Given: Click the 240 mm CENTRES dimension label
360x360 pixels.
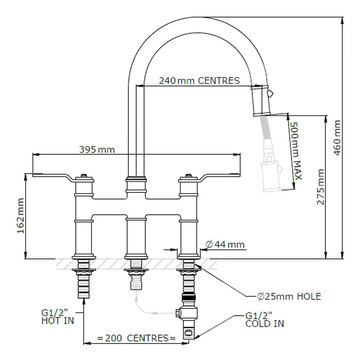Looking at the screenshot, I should [199, 80].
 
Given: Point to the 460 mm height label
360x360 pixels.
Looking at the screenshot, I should [338, 138].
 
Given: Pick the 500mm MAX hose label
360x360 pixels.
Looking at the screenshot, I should [296, 150].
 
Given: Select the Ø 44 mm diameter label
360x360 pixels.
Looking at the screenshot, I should [225, 245].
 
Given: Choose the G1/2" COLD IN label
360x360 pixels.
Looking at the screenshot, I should [265, 320].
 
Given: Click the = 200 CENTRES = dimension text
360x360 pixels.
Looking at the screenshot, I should [136, 338].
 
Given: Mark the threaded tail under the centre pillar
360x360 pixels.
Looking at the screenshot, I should [136, 279].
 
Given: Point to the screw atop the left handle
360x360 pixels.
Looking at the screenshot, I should [84, 176].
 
